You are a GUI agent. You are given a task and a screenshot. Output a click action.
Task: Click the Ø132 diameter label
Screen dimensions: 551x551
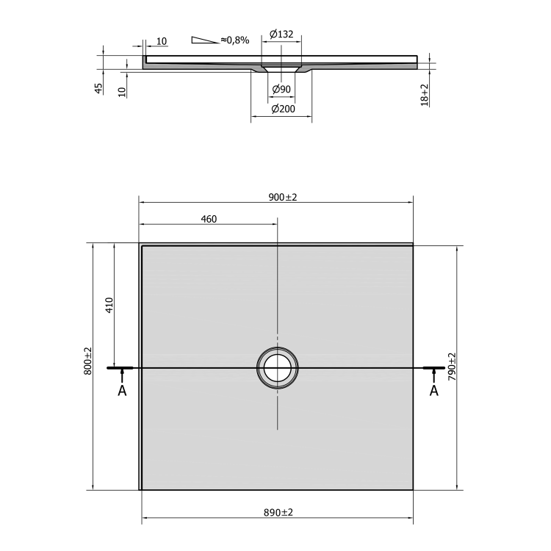[x=281, y=34]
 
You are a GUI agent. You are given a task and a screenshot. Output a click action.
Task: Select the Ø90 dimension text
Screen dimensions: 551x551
[x=281, y=89]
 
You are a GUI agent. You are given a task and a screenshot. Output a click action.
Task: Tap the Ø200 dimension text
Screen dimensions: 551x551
[x=284, y=109]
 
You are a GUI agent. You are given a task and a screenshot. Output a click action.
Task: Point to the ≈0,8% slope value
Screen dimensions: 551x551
[x=235, y=40]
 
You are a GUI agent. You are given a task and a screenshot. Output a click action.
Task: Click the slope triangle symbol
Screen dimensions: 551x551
[x=205, y=40]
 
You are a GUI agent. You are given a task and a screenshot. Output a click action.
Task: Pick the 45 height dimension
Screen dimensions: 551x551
[x=98, y=88]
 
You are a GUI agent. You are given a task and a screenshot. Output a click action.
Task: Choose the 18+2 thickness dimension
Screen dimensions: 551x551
[x=425, y=95]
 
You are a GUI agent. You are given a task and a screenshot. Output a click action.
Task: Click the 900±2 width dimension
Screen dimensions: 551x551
[x=283, y=198]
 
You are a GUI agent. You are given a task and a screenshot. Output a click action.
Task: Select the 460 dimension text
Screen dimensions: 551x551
[x=209, y=219]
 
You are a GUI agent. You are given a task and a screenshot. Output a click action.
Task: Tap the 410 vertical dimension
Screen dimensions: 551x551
[x=109, y=305]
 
